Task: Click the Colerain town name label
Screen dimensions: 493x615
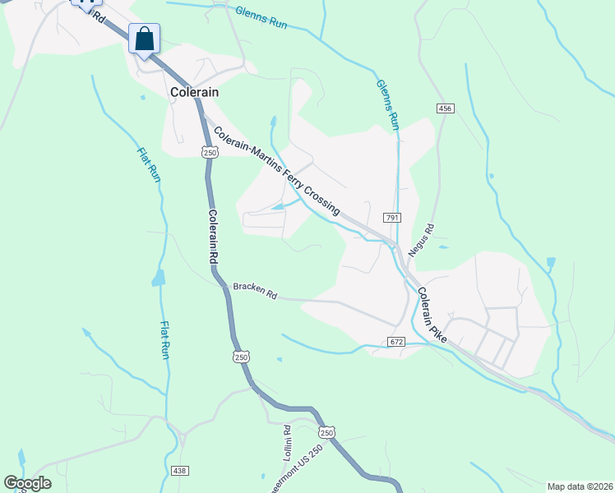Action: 194,93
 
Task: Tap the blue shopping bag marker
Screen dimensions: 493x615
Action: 144,39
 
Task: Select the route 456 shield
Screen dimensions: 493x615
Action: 446,108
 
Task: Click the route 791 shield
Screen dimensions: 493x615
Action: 391,218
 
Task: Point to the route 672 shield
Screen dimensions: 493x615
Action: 396,341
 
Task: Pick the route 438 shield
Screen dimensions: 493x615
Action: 180,471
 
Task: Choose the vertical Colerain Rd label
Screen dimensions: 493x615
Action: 212,237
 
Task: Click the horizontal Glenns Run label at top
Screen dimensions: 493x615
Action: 261,17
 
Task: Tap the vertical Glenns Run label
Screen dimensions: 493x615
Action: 388,104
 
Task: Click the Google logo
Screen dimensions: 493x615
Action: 27,483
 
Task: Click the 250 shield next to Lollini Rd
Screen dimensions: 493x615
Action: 327,433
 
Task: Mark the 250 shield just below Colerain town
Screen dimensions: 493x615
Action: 210,152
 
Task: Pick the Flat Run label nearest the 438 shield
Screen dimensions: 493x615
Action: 164,339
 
